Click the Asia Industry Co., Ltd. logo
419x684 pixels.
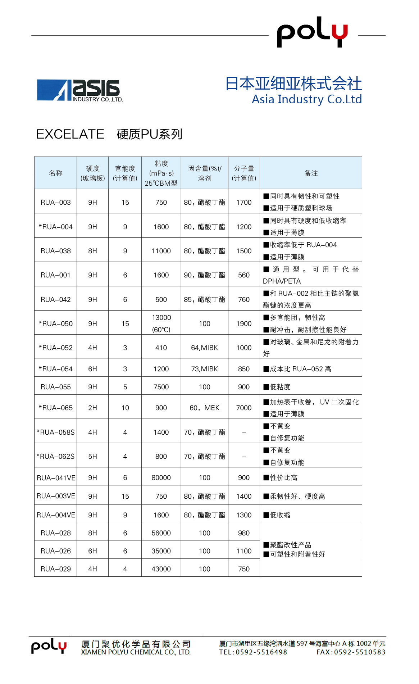tap(80, 90)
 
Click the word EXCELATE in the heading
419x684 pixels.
tap(70, 134)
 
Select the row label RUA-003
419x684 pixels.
tap(56, 202)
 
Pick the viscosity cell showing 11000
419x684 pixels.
tap(161, 251)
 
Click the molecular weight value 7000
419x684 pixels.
tap(244, 408)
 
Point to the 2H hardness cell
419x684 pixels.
tap(92, 408)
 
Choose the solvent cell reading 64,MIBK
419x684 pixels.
tap(204, 348)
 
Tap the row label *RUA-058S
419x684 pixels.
tap(56, 432)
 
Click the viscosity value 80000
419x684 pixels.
tap(161, 477)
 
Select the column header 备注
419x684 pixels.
tap(311, 173)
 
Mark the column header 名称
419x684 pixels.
tap(56, 173)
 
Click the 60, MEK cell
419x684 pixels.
tap(204, 408)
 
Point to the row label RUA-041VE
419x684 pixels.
tap(56, 478)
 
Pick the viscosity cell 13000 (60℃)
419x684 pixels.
tap(161, 323)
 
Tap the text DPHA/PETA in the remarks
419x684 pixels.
tap(282, 281)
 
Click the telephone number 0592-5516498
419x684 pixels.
tap(261, 652)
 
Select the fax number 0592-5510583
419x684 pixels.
tap(360, 652)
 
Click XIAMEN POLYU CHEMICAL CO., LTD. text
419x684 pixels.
tap(136, 652)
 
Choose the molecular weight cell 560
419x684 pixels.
tap(244, 275)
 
